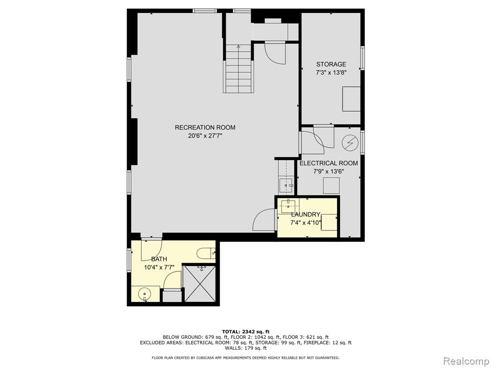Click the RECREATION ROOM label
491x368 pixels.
pos(205,127)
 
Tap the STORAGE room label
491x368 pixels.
pos(331,64)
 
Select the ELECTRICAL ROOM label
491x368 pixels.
pos(328,163)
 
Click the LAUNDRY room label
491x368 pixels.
pos(305,214)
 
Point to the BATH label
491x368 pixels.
pos(159,259)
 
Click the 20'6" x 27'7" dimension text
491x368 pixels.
pos(205,136)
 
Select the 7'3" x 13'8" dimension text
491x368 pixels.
pos(331,73)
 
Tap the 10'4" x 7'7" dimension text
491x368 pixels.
pos(159,267)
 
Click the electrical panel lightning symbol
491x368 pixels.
pos(350,143)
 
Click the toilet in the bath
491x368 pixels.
pos(206,253)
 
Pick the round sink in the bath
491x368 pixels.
pos(145,294)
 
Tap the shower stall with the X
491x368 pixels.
pos(199,284)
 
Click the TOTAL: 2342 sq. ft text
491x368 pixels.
pos(245,332)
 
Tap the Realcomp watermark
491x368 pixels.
pos(466,361)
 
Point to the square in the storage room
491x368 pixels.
pos(351,99)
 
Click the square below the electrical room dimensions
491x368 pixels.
pos(331,185)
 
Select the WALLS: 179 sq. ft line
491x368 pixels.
pos(245,348)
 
